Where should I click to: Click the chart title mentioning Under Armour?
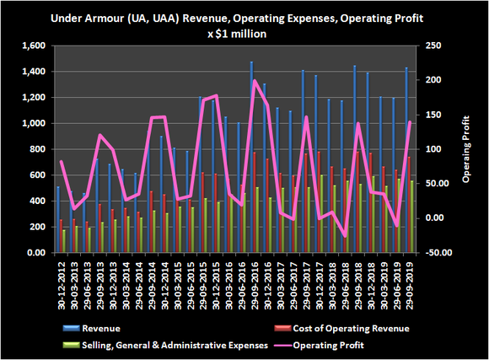244,17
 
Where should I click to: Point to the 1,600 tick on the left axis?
34,46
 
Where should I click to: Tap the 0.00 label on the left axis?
36,253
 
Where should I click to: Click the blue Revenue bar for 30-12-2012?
57,219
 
